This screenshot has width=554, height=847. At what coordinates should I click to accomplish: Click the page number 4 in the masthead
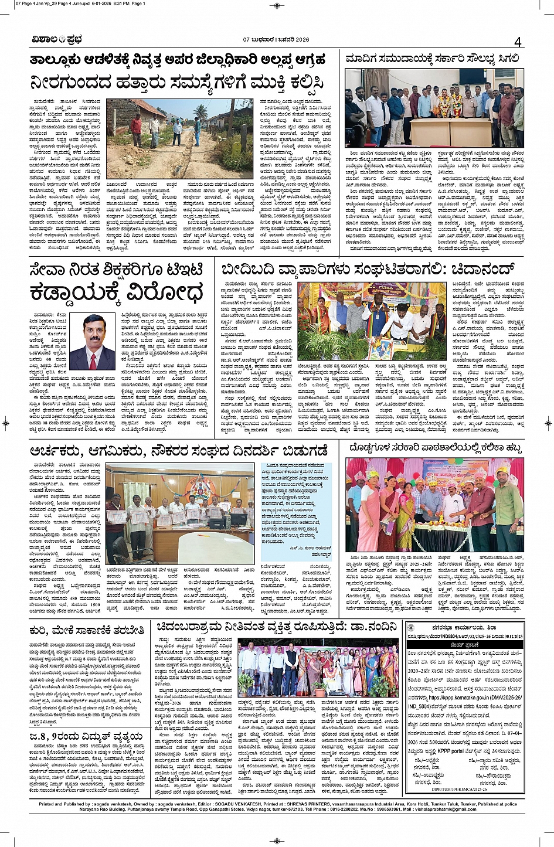pos(518,42)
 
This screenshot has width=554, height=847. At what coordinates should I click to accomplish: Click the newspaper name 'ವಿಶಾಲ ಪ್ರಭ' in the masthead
pos(56,40)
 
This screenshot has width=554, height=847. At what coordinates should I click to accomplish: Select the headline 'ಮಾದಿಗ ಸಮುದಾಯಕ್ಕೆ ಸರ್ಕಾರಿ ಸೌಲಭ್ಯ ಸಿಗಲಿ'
pos(432,59)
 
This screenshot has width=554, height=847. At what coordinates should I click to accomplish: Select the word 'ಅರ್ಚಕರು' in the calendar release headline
pos(57,451)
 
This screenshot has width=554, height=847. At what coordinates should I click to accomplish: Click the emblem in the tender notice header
pos(412,628)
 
